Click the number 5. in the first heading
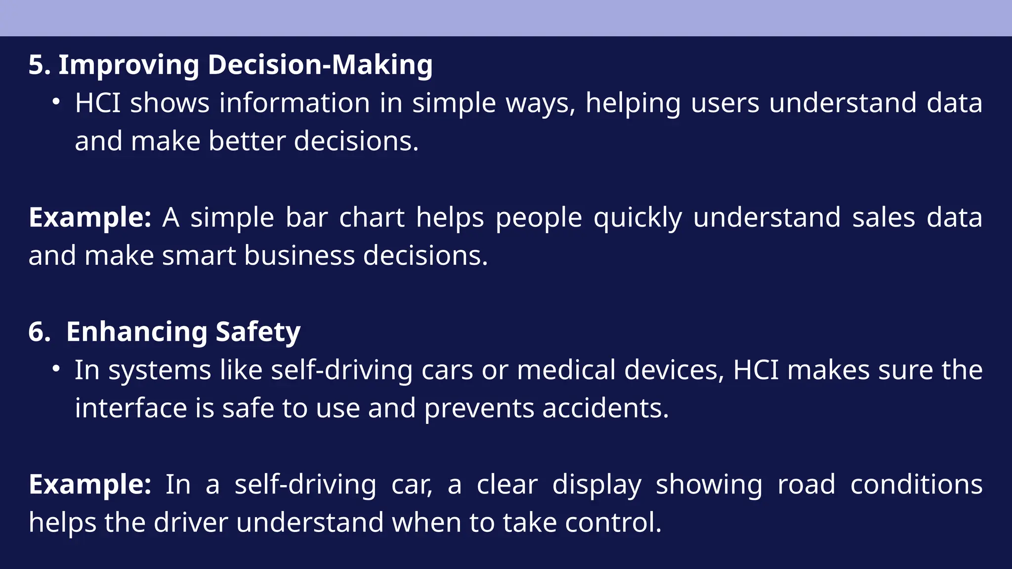tap(39, 65)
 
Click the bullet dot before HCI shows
tap(56, 102)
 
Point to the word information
tap(295, 103)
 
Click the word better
tap(247, 141)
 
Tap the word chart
tap(372, 218)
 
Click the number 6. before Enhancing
tap(40, 332)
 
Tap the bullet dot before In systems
tap(56, 369)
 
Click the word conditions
tap(916, 485)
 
